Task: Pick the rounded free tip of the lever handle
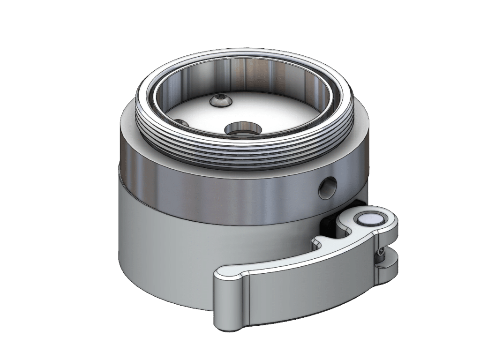227,300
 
